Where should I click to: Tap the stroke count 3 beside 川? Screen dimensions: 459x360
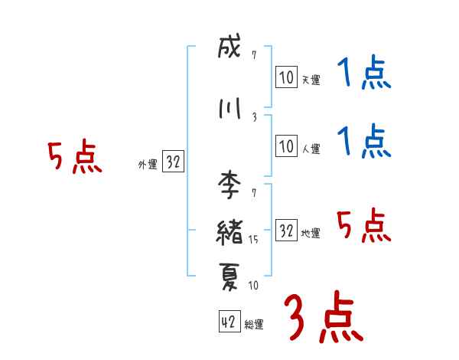[254, 116]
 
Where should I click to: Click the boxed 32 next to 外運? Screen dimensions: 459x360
[174, 162]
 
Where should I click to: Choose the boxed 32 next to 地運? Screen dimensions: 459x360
[286, 231]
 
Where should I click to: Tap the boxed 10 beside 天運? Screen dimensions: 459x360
[286, 77]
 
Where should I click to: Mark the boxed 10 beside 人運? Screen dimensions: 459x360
[286, 146]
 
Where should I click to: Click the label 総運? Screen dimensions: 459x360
[254, 325]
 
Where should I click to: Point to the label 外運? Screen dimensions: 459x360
[147, 164]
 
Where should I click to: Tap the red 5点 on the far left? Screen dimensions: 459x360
[74, 157]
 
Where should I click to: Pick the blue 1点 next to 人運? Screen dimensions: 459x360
[365, 142]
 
